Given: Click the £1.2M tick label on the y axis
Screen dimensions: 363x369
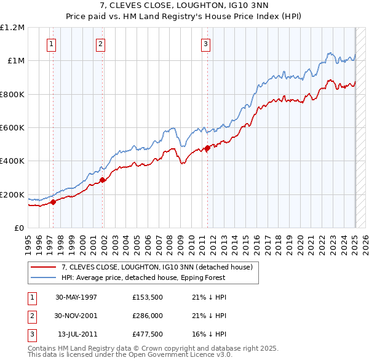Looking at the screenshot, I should pyautogui.click(x=12, y=27).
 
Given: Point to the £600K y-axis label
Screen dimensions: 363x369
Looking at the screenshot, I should pyautogui.click(x=12, y=128).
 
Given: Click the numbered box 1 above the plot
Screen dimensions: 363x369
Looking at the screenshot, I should pyautogui.click(x=51, y=44).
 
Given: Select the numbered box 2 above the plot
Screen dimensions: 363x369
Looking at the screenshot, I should pyautogui.click(x=100, y=44).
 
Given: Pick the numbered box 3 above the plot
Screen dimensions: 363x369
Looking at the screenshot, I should pyautogui.click(x=205, y=44).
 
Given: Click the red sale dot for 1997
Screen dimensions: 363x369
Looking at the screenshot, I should pyautogui.click(x=54, y=201).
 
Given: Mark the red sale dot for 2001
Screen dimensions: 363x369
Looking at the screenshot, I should pyautogui.click(x=103, y=180).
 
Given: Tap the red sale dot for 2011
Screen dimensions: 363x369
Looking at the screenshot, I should pyautogui.click(x=207, y=148).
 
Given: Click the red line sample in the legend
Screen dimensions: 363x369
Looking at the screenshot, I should pyautogui.click(x=43, y=267).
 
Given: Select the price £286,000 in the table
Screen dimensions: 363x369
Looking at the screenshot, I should pyautogui.click(x=147, y=316).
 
